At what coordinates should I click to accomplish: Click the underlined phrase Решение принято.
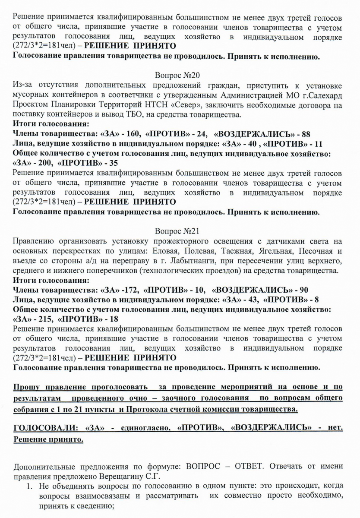pos(49,439)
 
